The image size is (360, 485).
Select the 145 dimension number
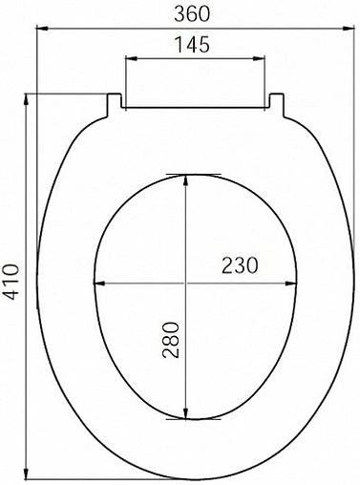click(x=194, y=45)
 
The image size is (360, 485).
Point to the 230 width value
click(x=240, y=266)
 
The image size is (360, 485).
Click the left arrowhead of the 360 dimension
click(x=41, y=28)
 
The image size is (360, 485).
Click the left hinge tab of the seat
click(x=114, y=101)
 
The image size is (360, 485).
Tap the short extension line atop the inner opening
click(x=187, y=174)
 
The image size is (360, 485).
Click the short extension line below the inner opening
click(x=187, y=419)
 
